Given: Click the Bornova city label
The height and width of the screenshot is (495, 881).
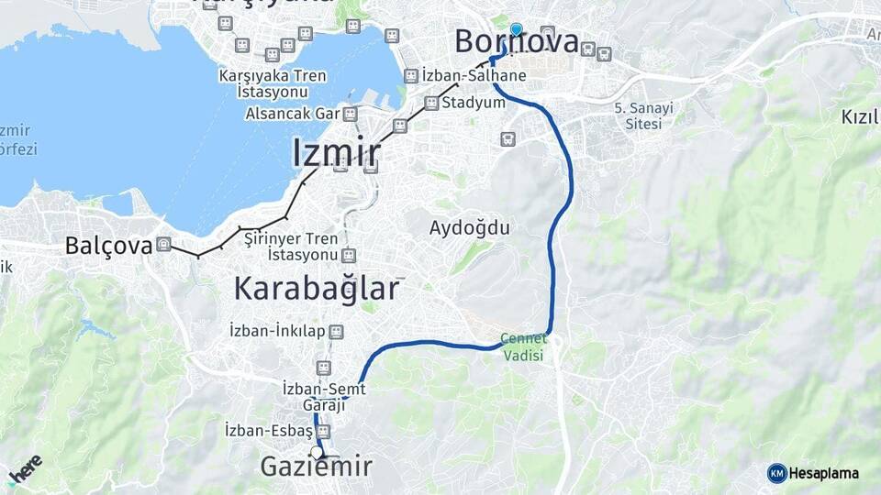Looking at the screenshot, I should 518,42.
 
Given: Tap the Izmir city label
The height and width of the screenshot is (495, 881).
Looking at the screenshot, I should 336,152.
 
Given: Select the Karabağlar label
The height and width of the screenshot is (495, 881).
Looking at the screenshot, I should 317,289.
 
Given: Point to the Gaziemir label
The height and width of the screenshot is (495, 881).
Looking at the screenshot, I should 317,467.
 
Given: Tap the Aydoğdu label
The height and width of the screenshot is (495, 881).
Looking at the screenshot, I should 469,227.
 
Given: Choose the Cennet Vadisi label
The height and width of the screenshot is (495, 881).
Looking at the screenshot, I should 522,346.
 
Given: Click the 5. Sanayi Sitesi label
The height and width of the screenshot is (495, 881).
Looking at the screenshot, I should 643,115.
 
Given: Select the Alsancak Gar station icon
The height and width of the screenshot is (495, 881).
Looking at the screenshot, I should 349,114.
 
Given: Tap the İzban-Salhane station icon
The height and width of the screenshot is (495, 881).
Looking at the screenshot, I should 410,76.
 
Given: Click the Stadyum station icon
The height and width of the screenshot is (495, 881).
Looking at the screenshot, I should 430,104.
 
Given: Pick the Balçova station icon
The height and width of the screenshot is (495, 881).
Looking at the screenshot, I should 163,244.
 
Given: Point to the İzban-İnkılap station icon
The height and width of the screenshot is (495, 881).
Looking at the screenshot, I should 336,330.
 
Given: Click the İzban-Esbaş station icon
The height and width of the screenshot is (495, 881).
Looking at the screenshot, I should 322,431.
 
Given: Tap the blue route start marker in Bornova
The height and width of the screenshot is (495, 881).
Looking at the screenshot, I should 516,30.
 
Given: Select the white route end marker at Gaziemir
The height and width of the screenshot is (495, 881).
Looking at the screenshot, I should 317,452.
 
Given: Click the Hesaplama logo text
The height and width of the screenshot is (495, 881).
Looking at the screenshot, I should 822,473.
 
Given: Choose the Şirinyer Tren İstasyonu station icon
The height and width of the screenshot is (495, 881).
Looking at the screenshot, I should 348,254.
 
